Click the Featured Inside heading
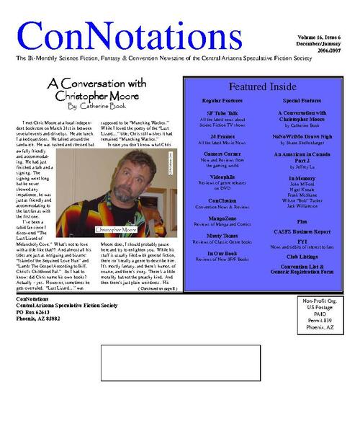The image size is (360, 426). click(x=262, y=87)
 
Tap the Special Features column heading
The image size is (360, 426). click(x=302, y=102)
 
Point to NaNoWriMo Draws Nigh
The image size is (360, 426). click(x=302, y=135)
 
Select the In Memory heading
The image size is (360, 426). click(x=302, y=177)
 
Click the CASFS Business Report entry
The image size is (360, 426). click(x=302, y=232)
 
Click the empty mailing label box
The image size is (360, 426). click(x=180, y=363)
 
